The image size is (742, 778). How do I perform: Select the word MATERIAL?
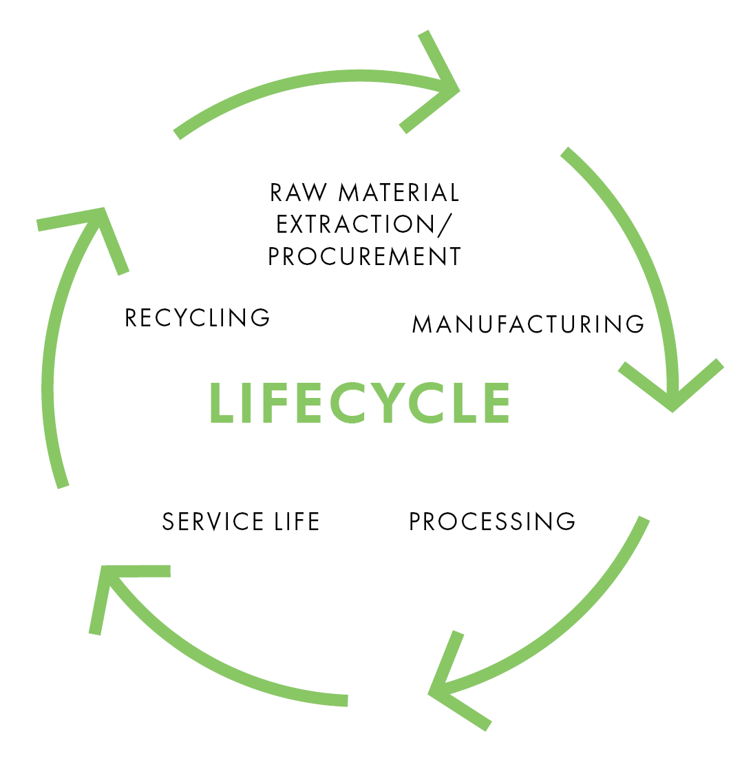click(399, 193)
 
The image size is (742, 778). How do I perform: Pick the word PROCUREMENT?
click(364, 257)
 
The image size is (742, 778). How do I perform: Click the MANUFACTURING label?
click(528, 324)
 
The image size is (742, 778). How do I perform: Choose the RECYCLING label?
click(198, 317)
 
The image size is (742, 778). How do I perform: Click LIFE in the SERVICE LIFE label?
click(297, 522)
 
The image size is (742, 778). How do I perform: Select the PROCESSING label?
click(492, 522)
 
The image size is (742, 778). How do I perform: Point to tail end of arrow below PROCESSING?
click(644, 519)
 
